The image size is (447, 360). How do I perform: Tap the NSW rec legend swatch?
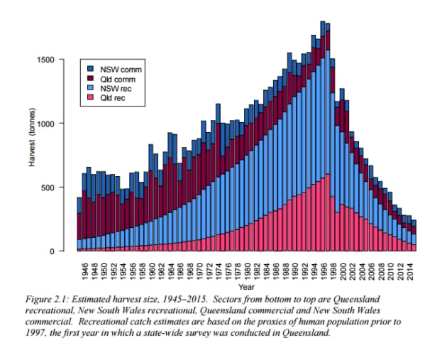tap(92, 88)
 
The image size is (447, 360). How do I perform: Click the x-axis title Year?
tap(247, 287)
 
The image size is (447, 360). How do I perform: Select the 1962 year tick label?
tap(161, 269)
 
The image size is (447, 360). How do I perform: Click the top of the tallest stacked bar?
tap(323, 22)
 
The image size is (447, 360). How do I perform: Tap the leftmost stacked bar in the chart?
tap(79, 224)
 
